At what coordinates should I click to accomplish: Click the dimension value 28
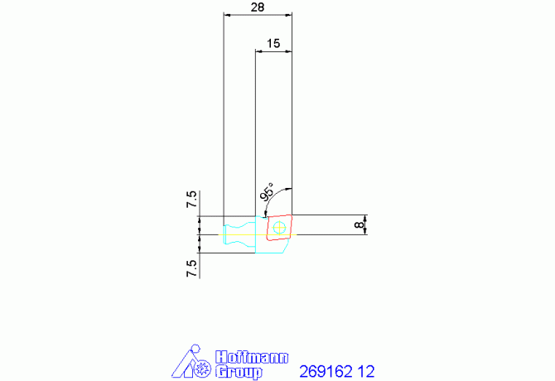[x=258, y=7]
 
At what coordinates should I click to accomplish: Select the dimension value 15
[x=273, y=43]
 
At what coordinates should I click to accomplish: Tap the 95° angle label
[x=268, y=192]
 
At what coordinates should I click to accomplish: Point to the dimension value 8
[x=360, y=224]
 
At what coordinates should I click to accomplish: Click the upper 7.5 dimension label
[x=191, y=199]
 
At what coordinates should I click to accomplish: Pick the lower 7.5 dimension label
[x=191, y=268]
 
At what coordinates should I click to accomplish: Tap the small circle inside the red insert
[x=279, y=228]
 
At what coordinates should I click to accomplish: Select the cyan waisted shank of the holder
[x=239, y=234]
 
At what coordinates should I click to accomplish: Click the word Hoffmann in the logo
[x=252, y=357]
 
